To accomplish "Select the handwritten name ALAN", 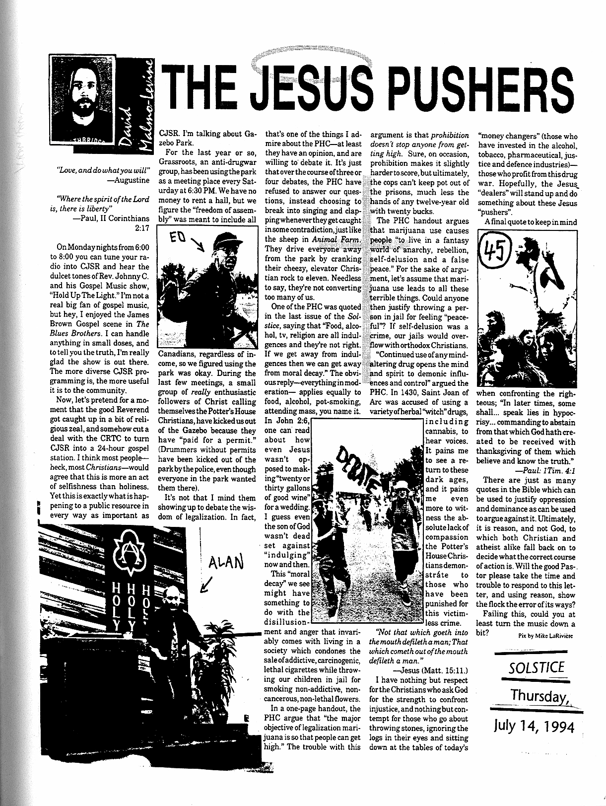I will (x=225, y=562).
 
